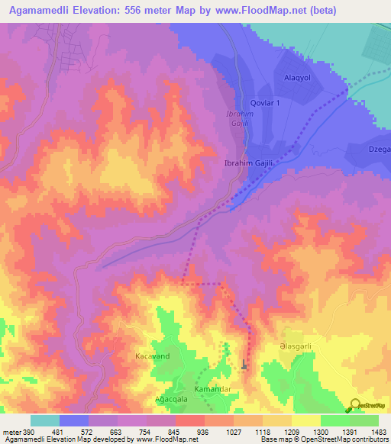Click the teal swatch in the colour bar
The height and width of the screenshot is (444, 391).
[45, 420]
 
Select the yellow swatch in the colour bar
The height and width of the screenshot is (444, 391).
[305, 420]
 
